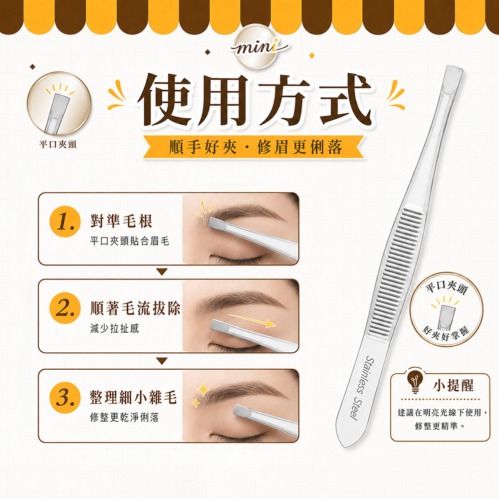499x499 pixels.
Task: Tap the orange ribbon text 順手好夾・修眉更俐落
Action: [x=255, y=147]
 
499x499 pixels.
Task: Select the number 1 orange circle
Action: [x=65, y=222]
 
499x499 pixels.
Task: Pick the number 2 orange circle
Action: [x=65, y=308]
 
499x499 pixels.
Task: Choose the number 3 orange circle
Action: [x=65, y=398]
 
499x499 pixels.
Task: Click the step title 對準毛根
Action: [x=121, y=221]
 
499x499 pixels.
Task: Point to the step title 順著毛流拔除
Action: [x=135, y=308]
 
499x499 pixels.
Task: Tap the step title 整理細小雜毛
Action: [x=133, y=397]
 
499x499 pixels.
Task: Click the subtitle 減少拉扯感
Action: [x=115, y=328]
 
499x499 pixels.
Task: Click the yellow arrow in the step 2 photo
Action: [x=251, y=320]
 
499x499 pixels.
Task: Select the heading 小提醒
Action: [x=453, y=385]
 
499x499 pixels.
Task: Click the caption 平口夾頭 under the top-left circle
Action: [x=57, y=145]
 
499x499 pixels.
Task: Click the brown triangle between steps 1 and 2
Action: [x=162, y=272]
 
